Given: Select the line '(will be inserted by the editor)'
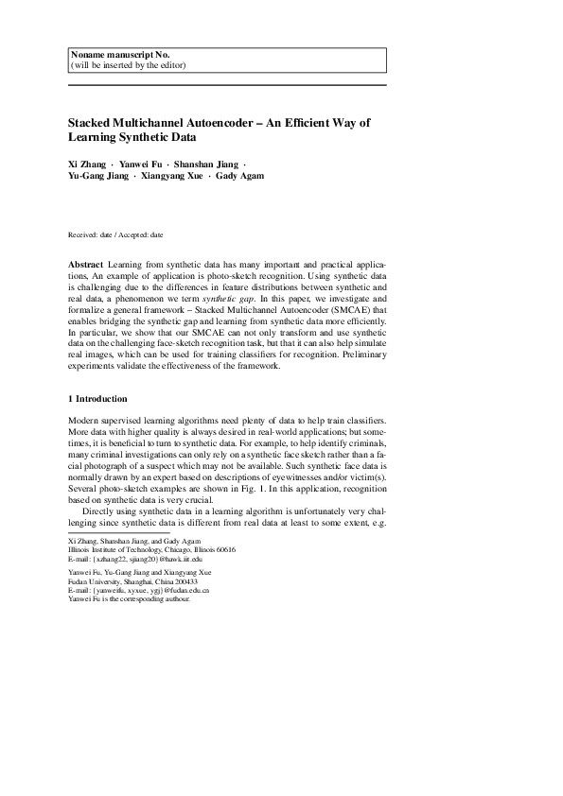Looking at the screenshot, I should pyautogui.click(x=128, y=65).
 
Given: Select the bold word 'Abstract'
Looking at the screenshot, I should pyautogui.click(x=86, y=264).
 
